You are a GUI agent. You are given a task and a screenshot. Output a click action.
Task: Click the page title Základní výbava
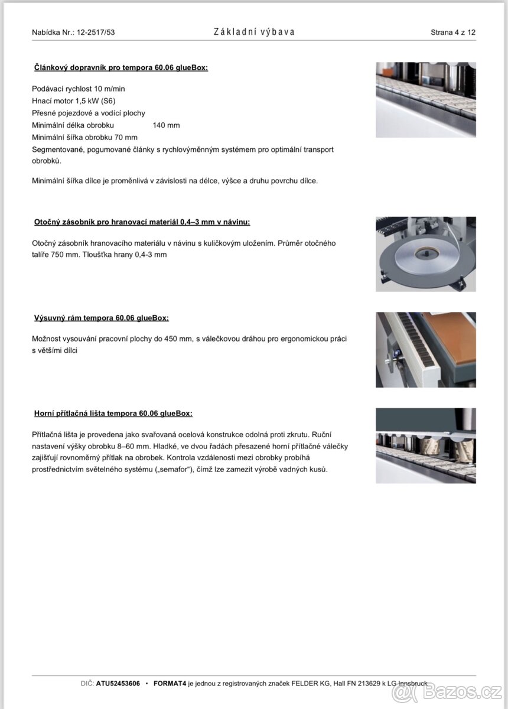254,32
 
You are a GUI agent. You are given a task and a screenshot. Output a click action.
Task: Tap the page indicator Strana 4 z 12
452,32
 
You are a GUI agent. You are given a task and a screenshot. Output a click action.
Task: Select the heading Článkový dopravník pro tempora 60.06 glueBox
121,68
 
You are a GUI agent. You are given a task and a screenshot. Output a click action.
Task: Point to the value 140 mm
166,125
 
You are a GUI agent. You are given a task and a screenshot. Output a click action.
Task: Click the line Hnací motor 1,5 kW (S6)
74,101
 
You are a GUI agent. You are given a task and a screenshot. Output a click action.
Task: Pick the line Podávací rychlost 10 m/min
79,89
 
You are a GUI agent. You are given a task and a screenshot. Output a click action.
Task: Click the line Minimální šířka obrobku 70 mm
84,138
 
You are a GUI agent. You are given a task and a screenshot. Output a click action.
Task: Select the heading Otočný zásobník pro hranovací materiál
142,222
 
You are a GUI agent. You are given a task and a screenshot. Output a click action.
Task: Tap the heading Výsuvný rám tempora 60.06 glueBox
102,318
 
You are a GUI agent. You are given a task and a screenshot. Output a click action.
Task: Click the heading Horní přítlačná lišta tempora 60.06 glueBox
113,414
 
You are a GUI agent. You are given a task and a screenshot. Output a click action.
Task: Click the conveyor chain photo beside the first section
425,100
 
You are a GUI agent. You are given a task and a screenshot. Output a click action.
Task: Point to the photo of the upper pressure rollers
425,445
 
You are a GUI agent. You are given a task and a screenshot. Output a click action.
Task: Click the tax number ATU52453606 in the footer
118,684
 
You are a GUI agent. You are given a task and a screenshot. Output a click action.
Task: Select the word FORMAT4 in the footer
170,684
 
